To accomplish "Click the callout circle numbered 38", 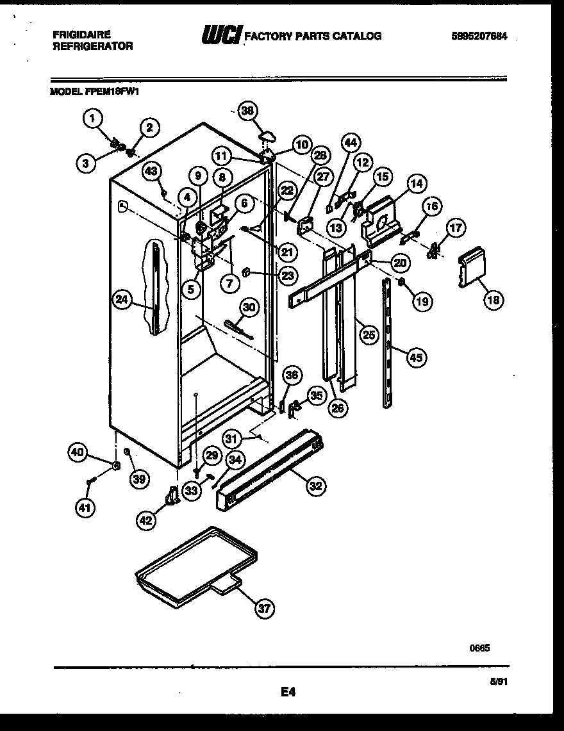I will point(247,110).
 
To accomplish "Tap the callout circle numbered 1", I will point(94,118).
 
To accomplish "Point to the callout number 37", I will point(264,609).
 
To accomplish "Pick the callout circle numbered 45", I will point(416,358).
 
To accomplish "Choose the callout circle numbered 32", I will point(315,486).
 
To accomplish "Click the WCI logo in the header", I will point(221,36).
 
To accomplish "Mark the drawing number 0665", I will point(481,648).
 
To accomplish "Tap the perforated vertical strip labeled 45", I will point(388,343).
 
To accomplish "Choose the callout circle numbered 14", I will point(417,183).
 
